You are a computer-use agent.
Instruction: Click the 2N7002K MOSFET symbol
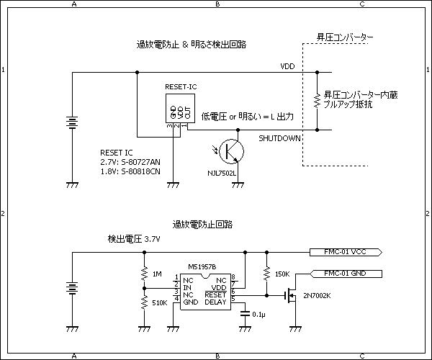point(292,296)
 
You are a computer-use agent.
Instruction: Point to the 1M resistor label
point(157,274)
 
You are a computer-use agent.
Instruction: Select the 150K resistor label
point(283,274)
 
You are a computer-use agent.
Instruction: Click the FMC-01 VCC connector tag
point(346,252)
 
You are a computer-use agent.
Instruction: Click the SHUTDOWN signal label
point(279,138)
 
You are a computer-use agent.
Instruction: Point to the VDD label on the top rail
point(287,66)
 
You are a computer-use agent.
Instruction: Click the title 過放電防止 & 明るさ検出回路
point(192,44)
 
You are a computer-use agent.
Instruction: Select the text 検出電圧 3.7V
point(133,238)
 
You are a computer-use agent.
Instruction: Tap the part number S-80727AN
point(141,163)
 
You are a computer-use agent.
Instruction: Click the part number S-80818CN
point(141,172)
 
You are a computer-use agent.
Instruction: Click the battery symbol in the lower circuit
point(72,288)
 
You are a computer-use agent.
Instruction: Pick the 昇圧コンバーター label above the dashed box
point(346,37)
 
